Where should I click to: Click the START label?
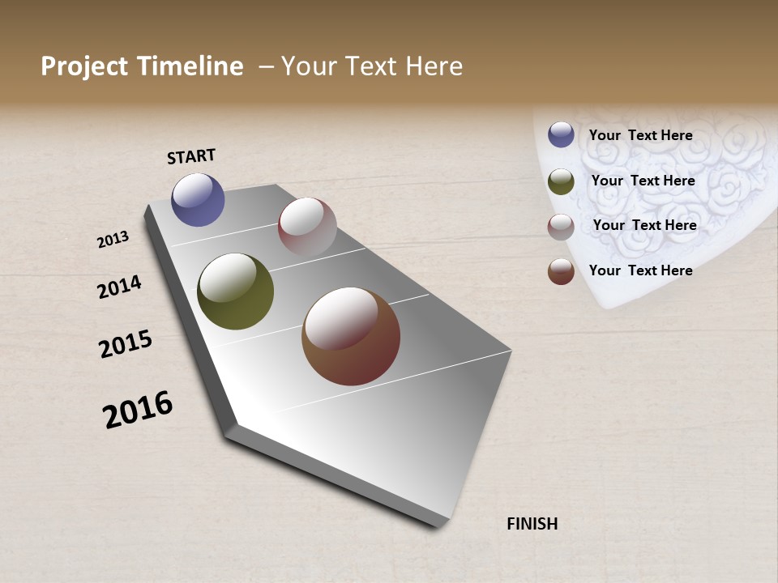(191, 156)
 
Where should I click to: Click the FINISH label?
(532, 524)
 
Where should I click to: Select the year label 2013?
(113, 240)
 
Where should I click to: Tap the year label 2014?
(119, 287)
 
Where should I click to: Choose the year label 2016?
(138, 410)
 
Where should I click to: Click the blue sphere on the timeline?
(198, 199)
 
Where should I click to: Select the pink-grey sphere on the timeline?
(307, 228)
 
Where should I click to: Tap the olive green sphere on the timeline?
(235, 291)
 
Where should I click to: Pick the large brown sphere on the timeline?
(350, 336)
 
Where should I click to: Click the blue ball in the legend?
(561, 134)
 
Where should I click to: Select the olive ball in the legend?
(561, 181)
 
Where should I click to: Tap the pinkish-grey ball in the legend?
(561, 227)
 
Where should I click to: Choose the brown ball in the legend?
(561, 272)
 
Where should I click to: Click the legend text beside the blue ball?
(640, 135)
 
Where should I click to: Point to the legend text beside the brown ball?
(640, 270)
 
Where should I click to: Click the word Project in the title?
(84, 66)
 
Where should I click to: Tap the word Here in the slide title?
(433, 66)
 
